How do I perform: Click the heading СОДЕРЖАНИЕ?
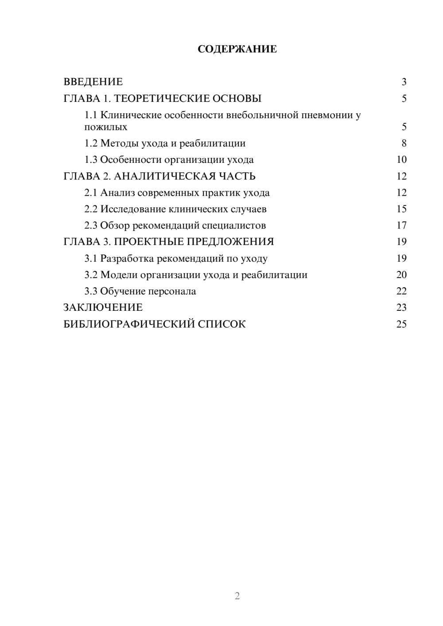click(237, 49)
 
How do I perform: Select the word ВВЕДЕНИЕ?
click(93, 82)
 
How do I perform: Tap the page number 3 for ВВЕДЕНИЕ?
click(404, 82)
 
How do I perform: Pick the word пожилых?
click(106, 127)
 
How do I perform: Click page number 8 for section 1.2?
click(404, 143)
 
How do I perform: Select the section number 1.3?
click(91, 160)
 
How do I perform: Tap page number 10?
click(401, 160)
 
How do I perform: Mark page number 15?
click(401, 209)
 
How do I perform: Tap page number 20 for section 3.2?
click(401, 275)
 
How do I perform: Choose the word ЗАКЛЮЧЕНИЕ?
click(103, 308)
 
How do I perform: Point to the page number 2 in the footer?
click(237, 596)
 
